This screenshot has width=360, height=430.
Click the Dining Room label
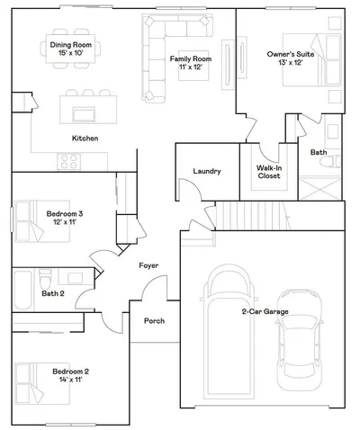click(x=71, y=45)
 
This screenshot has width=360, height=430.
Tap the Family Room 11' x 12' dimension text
click(x=190, y=67)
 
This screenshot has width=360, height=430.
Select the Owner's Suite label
click(x=291, y=54)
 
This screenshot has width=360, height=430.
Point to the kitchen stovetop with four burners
click(x=69, y=162)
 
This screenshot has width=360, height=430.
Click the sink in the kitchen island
click(x=84, y=114)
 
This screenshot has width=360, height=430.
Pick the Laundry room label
click(x=207, y=171)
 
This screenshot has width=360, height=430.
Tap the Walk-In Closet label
click(x=269, y=172)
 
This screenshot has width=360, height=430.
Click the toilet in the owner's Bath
click(x=330, y=162)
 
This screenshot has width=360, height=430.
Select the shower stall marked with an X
click(x=319, y=188)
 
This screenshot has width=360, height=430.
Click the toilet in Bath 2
click(x=46, y=279)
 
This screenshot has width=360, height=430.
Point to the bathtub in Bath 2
click(x=22, y=291)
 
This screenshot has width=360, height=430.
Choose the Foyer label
click(x=148, y=265)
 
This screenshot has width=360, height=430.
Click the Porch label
click(x=154, y=321)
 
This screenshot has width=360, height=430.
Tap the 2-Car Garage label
click(x=265, y=311)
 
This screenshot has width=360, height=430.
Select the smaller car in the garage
click(x=300, y=340)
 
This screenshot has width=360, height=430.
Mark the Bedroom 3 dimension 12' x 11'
click(x=65, y=222)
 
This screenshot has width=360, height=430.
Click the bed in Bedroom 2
click(x=42, y=383)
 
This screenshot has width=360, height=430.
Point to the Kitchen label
click(x=85, y=139)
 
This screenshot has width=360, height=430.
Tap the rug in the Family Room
click(x=193, y=66)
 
